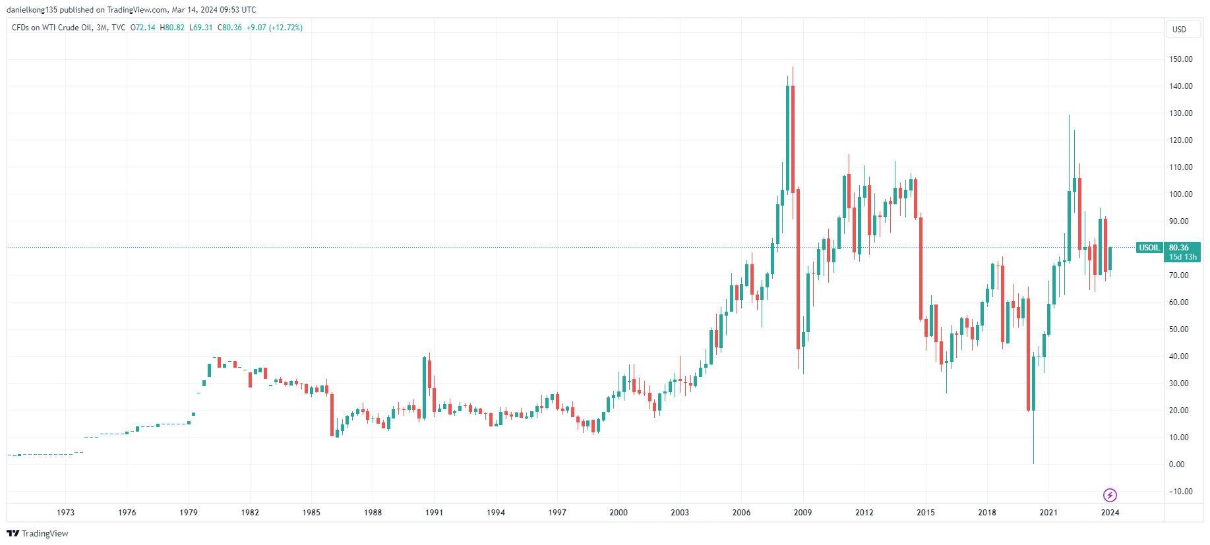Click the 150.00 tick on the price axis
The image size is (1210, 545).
(x=1180, y=59)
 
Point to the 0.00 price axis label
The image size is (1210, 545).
(x=1176, y=465)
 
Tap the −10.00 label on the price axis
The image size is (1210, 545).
(x=1180, y=492)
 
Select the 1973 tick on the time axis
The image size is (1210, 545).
(x=65, y=513)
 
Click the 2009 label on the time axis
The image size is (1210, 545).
(x=802, y=513)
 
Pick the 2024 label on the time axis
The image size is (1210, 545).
(x=1110, y=513)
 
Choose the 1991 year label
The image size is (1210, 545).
(x=434, y=513)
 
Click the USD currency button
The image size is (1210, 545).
(x=1179, y=30)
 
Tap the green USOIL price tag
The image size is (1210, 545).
(x=1149, y=248)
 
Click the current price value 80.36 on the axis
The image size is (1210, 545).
(x=1179, y=248)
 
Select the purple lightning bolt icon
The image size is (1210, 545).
(x=1110, y=495)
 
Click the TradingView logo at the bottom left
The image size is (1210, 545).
(x=38, y=534)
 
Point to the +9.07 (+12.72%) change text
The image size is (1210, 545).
(x=274, y=28)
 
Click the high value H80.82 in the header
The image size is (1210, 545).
(x=172, y=28)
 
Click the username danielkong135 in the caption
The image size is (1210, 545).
(x=32, y=10)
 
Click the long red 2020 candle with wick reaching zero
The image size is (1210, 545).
(x=1028, y=356)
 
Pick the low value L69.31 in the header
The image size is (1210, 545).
(x=201, y=28)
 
